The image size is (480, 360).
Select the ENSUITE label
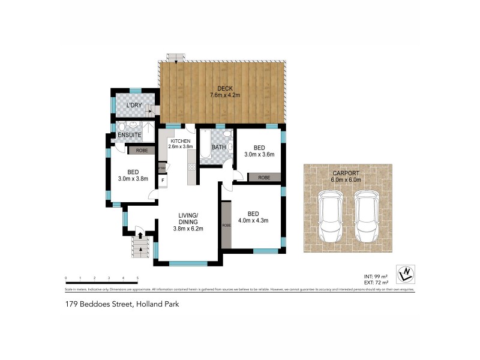130,136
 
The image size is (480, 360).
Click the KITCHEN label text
180,141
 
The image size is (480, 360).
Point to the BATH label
218,147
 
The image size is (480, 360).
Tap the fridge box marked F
163,179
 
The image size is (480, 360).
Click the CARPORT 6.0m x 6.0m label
347,176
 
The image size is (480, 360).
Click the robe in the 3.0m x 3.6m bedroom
263,178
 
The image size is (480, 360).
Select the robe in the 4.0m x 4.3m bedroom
226,224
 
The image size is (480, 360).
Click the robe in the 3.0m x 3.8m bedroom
142,151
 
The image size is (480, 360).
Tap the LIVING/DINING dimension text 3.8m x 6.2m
189,228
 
